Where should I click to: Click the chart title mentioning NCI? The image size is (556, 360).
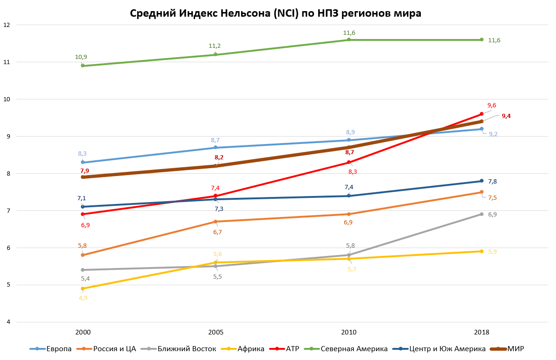tap(275, 13)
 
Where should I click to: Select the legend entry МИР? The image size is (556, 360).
tap(516, 349)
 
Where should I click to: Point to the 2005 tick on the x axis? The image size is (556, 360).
tap(216, 333)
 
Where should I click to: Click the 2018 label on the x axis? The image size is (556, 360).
tap(482, 333)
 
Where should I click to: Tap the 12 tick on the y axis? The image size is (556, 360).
tap(7, 25)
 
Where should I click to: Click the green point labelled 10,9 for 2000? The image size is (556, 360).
tap(83, 65)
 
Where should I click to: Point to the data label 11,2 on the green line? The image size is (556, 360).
tap(215, 46)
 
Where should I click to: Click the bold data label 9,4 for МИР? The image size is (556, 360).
tap(506, 116)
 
